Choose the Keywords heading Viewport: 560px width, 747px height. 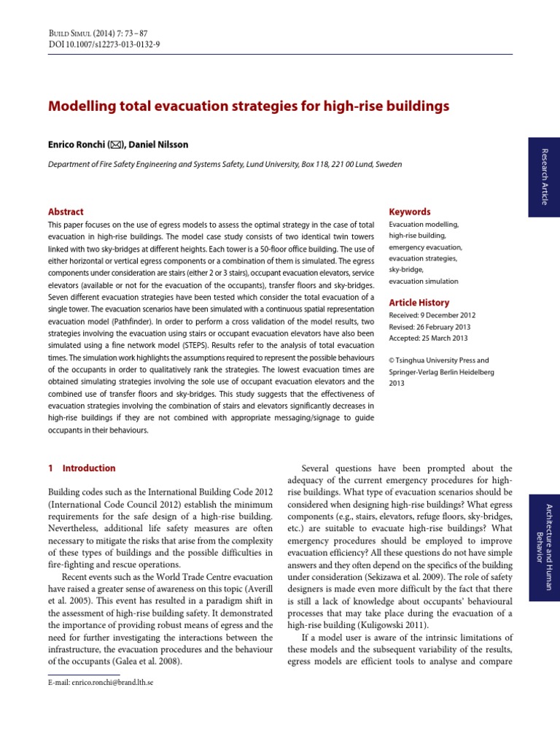tap(410, 212)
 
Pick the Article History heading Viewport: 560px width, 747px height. tap(419, 302)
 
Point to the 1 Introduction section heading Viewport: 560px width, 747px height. tap(82, 468)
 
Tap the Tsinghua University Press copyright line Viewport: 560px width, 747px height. tap(438, 360)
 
